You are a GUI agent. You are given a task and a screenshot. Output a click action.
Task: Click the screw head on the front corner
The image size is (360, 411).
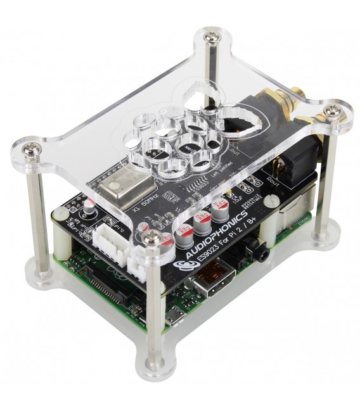coord(151,237)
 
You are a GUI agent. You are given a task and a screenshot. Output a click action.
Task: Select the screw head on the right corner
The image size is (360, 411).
coord(330,111)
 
